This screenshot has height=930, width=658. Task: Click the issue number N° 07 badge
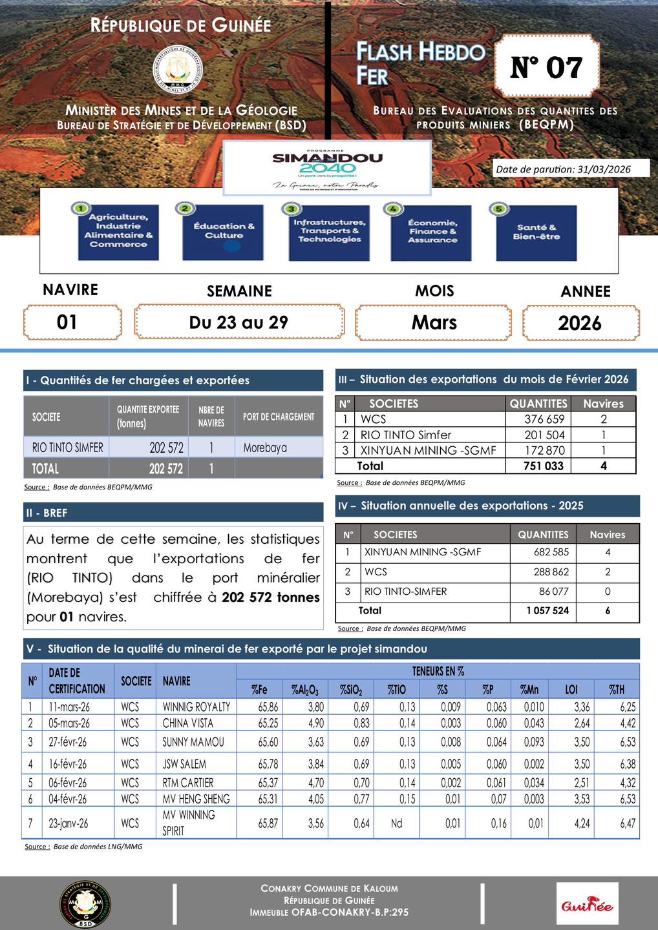[x=547, y=67]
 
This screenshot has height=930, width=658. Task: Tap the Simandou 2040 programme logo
[x=326, y=167]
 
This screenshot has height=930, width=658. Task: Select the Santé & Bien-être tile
[x=536, y=232]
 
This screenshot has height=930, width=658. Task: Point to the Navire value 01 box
[x=72, y=322]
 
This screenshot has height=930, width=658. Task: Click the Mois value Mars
[x=434, y=322]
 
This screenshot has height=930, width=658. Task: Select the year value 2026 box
[x=580, y=323]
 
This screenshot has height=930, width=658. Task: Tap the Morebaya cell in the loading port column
[x=266, y=448]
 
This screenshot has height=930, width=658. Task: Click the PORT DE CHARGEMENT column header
[x=279, y=417]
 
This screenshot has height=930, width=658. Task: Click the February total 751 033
[x=544, y=466]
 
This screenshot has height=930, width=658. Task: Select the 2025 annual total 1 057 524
[x=547, y=610]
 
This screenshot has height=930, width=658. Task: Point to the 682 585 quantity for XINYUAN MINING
[x=551, y=552]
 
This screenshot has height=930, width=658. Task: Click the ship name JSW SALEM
[x=184, y=764]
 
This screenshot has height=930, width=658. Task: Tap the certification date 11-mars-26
[x=69, y=707]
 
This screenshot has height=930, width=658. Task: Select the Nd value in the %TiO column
[x=397, y=823]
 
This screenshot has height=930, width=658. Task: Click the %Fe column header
[x=259, y=690]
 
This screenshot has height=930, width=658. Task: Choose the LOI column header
[x=571, y=690]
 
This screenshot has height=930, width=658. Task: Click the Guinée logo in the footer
[x=587, y=904]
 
